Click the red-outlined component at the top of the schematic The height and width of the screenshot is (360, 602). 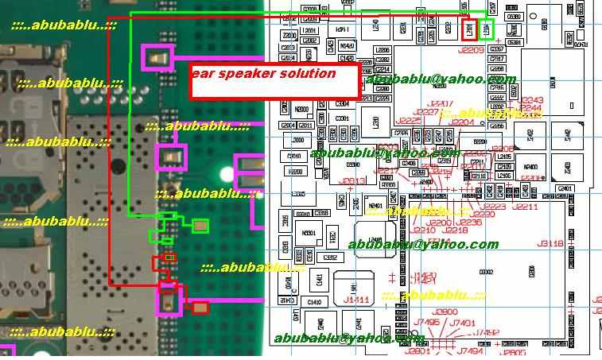[x=470, y=30]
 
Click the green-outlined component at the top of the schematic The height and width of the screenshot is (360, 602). [x=487, y=30]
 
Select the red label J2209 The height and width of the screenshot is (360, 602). [x=471, y=49]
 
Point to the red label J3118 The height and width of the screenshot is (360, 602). [x=550, y=243]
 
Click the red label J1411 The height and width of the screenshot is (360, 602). [x=357, y=300]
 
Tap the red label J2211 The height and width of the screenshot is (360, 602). [x=525, y=207]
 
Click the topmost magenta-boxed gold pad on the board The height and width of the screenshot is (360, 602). [x=157, y=57]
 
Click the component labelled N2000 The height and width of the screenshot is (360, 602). [x=301, y=110]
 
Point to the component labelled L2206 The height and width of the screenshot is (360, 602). [x=383, y=49]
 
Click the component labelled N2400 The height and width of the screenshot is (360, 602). [x=530, y=167]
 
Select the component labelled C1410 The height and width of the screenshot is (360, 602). [x=315, y=302]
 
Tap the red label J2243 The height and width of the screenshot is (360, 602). [x=531, y=99]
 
